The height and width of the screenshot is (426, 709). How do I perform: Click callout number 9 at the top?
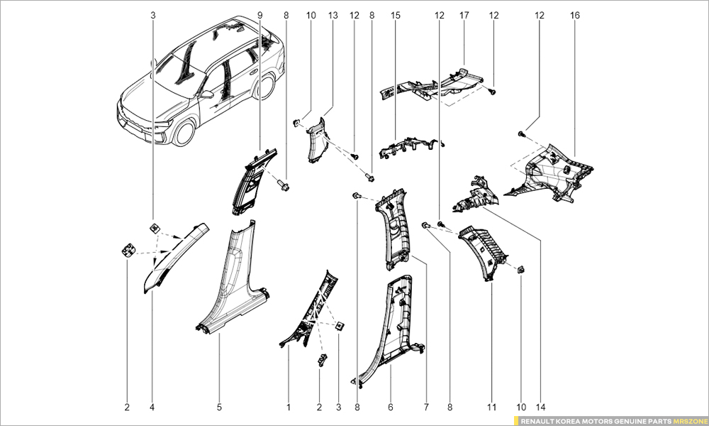point(259,15)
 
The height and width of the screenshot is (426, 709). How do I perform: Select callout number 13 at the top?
point(332,15)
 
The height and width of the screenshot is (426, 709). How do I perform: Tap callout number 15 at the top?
point(395,15)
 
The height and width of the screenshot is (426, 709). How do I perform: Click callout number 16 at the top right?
point(574,15)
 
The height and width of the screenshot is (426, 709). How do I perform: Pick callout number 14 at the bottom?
point(541,408)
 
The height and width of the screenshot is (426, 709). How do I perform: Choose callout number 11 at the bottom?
point(491,408)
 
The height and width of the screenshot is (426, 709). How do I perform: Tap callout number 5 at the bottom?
point(219,408)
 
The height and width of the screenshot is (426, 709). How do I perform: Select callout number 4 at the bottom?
point(152,408)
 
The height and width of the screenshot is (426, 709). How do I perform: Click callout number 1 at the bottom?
point(289,408)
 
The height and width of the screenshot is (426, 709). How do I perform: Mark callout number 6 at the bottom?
point(390,408)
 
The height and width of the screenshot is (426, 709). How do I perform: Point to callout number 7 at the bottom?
point(426,408)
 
